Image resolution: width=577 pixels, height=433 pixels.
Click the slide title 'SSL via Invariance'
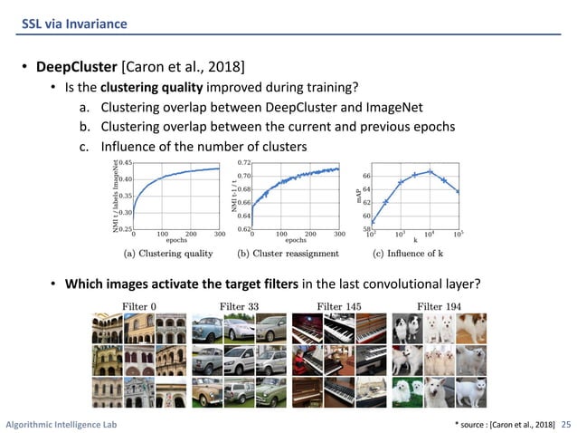pyautogui.click(x=75, y=22)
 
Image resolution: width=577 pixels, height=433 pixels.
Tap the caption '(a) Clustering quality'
pyautogui.click(x=169, y=255)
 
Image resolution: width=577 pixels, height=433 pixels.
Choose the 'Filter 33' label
pyautogui.click(x=239, y=306)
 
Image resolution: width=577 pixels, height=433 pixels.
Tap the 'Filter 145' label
pyautogui.click(x=339, y=306)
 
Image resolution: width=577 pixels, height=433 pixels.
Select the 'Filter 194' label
pyautogui.click(x=440, y=306)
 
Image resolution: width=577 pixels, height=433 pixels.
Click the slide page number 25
pyautogui.click(x=567, y=423)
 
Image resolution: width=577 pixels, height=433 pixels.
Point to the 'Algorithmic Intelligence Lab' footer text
pyautogui.click(x=61, y=423)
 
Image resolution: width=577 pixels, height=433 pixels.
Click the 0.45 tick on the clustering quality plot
pyautogui.click(x=125, y=163)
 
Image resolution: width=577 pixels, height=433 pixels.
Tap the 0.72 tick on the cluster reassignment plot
pyautogui.click(x=244, y=163)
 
